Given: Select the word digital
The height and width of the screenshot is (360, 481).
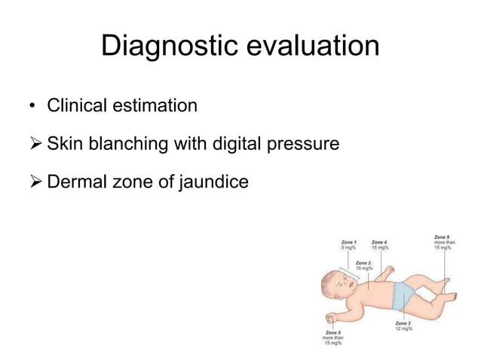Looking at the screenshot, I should [x=234, y=142].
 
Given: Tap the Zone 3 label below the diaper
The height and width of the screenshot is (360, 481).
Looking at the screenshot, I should [x=403, y=325].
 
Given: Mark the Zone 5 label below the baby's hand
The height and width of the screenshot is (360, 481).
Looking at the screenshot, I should [x=332, y=337].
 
